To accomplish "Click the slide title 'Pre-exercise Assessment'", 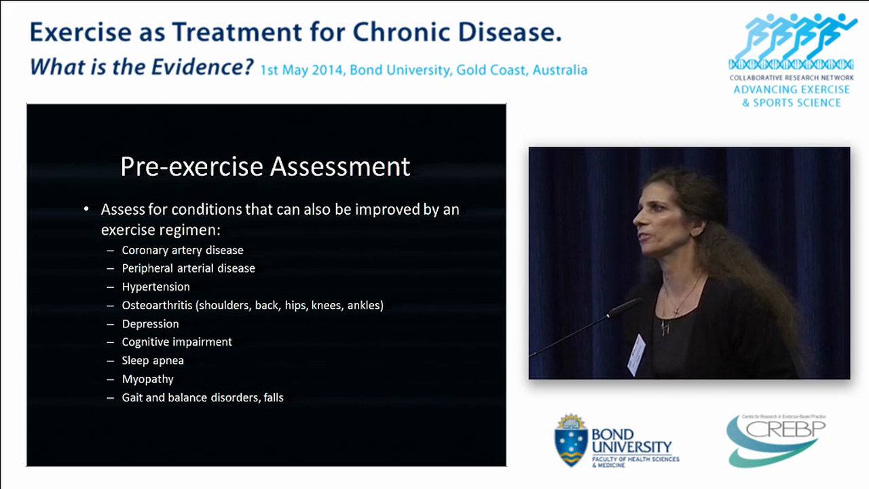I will pyautogui.click(x=265, y=166).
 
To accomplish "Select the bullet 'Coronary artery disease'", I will pyautogui.click(x=182, y=250).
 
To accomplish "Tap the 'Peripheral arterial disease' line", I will pyautogui.click(x=188, y=268).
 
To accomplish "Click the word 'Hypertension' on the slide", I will pyautogui.click(x=155, y=287).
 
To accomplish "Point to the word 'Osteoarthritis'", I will pyautogui.click(x=157, y=306).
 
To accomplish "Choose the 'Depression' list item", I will pyautogui.click(x=150, y=324).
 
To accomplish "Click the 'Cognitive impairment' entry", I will pyautogui.click(x=177, y=342).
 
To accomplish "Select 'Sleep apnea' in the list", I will pyautogui.click(x=153, y=361).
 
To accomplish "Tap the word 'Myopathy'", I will pyautogui.click(x=147, y=379).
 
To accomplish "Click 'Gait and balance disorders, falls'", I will pyautogui.click(x=202, y=398).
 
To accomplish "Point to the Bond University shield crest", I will pyautogui.click(x=571, y=440).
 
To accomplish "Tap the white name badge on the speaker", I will pyautogui.click(x=636, y=353).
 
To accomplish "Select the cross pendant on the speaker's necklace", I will pyautogui.click(x=666, y=327).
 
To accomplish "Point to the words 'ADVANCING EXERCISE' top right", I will pyautogui.click(x=791, y=90).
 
